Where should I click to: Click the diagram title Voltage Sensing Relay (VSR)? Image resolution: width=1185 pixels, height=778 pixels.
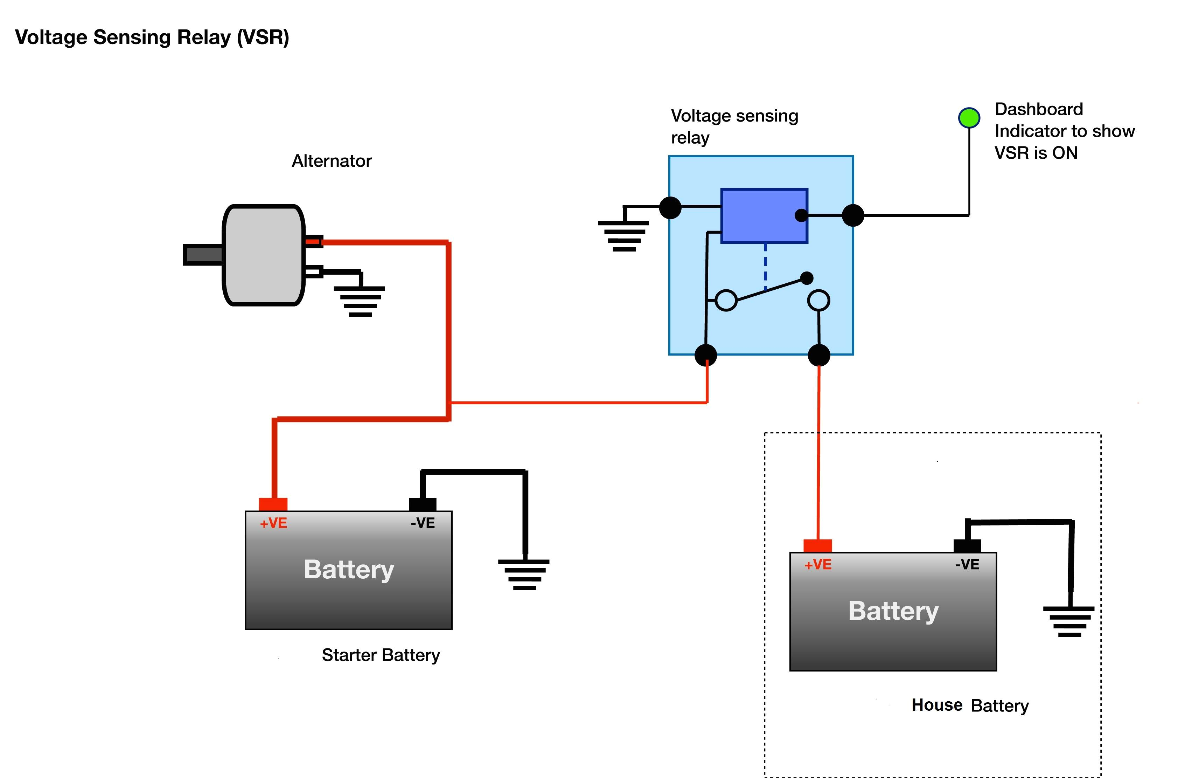click(x=152, y=37)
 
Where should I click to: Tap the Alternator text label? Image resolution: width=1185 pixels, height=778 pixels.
click(x=332, y=161)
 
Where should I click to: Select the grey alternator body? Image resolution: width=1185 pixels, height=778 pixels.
click(x=263, y=255)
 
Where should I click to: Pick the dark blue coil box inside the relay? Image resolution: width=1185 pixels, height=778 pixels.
click(x=764, y=216)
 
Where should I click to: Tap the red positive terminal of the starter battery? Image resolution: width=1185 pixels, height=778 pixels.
click(x=273, y=504)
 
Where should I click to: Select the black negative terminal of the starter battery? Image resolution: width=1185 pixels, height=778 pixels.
click(x=422, y=504)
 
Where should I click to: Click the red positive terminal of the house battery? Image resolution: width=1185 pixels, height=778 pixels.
click(x=817, y=545)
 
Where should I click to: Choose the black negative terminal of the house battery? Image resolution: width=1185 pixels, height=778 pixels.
click(x=967, y=545)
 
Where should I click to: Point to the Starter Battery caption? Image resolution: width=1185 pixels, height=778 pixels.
click(x=381, y=655)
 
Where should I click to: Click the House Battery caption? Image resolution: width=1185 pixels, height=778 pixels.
click(x=970, y=705)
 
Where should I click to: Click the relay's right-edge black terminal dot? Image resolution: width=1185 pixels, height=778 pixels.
click(x=853, y=215)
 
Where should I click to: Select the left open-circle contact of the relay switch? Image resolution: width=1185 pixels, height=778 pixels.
click(x=726, y=300)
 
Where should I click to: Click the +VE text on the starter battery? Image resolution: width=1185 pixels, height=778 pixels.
click(x=273, y=523)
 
